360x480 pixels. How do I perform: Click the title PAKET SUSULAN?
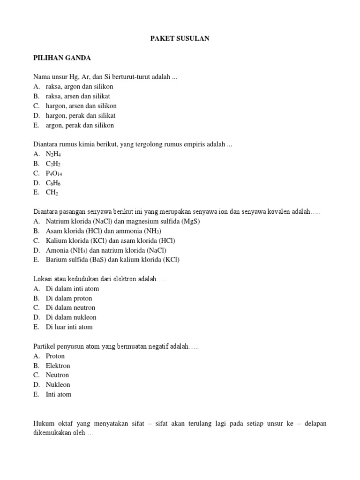(180, 38)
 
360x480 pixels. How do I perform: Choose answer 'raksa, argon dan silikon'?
(79, 87)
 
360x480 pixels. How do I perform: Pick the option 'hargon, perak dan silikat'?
(81, 116)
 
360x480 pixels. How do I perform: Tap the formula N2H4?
(53, 154)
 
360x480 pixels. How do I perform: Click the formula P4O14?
(53, 173)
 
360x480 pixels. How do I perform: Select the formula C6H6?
(53, 183)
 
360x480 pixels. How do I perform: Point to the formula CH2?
(52, 193)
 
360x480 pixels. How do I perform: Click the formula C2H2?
(53, 164)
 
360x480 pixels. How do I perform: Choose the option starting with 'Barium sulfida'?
(112, 260)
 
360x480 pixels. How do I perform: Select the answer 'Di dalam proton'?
(69, 298)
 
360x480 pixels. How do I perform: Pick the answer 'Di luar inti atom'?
(69, 327)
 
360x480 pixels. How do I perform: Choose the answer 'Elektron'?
(58, 366)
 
